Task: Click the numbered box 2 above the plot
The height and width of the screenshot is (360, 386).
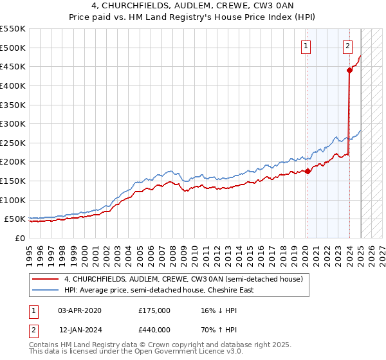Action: coord(347,46)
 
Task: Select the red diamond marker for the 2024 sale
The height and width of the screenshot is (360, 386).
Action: coord(349,71)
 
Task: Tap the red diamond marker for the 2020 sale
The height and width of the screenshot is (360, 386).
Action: coord(308,171)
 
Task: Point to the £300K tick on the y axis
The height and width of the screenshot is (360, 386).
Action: coord(13,123)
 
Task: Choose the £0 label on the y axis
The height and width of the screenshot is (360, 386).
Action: coord(20,238)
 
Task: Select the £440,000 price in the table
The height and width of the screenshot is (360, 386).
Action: coord(154,330)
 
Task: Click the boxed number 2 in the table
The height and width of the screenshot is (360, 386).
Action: coord(32,330)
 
